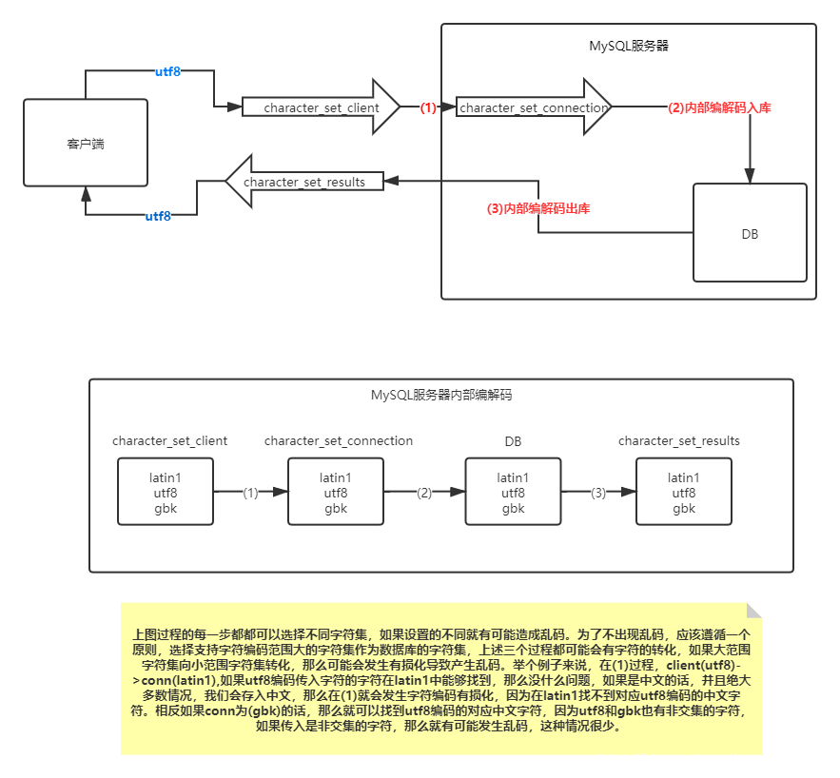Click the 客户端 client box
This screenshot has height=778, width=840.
tap(86, 143)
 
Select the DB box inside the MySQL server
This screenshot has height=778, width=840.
tap(750, 233)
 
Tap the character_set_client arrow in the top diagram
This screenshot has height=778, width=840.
tap(321, 108)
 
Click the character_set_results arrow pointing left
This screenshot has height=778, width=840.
tap(304, 182)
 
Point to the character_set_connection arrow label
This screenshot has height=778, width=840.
tap(533, 108)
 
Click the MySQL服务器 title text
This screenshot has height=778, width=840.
tap(629, 45)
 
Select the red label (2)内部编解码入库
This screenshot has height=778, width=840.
tap(719, 108)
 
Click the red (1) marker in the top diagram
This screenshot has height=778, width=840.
tap(428, 108)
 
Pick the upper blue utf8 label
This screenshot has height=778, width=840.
tap(167, 71)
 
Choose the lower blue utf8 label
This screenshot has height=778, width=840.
tap(158, 216)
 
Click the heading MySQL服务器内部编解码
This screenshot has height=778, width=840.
tap(441, 395)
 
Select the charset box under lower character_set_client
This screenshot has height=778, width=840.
tap(165, 492)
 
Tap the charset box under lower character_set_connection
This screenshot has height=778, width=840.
tap(335, 492)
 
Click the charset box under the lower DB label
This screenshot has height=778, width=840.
tap(513, 492)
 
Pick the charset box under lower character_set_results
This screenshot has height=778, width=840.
tap(683, 492)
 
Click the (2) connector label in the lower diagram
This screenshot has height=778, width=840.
tap(424, 493)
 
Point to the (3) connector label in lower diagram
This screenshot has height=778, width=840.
tap(597, 493)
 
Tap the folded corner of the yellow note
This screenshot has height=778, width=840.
tap(753, 610)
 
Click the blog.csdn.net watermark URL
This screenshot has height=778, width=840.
tap(713, 760)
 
